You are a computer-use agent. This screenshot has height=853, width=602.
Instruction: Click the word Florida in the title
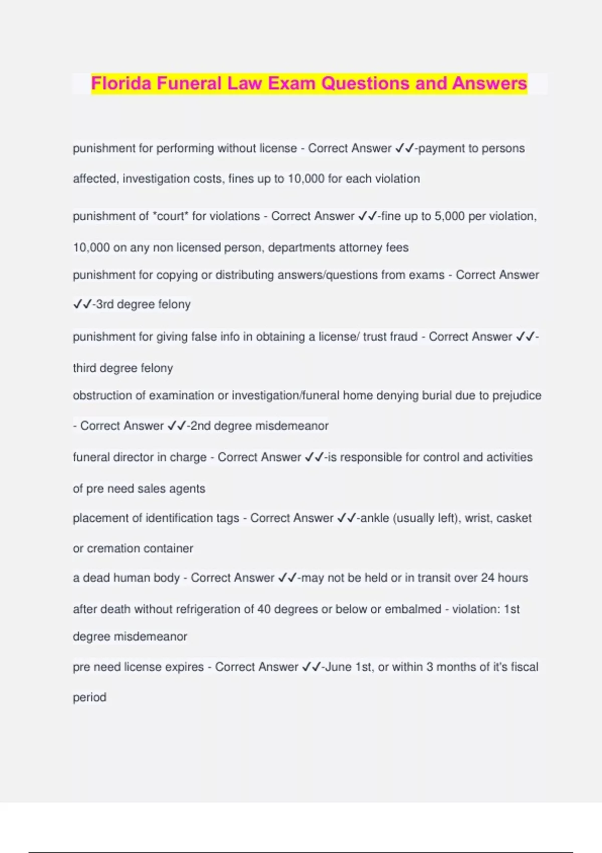(x=121, y=83)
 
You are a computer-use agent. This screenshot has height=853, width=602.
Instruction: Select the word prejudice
(x=517, y=395)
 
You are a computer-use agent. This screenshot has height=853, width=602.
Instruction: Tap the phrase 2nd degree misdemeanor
(x=259, y=426)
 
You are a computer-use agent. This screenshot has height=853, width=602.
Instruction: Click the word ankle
(x=375, y=518)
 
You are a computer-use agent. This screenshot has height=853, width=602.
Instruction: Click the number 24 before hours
(x=488, y=578)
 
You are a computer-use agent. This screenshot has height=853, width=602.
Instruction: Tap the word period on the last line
(x=89, y=697)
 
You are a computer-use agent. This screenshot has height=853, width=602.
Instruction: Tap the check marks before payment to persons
(x=404, y=149)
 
